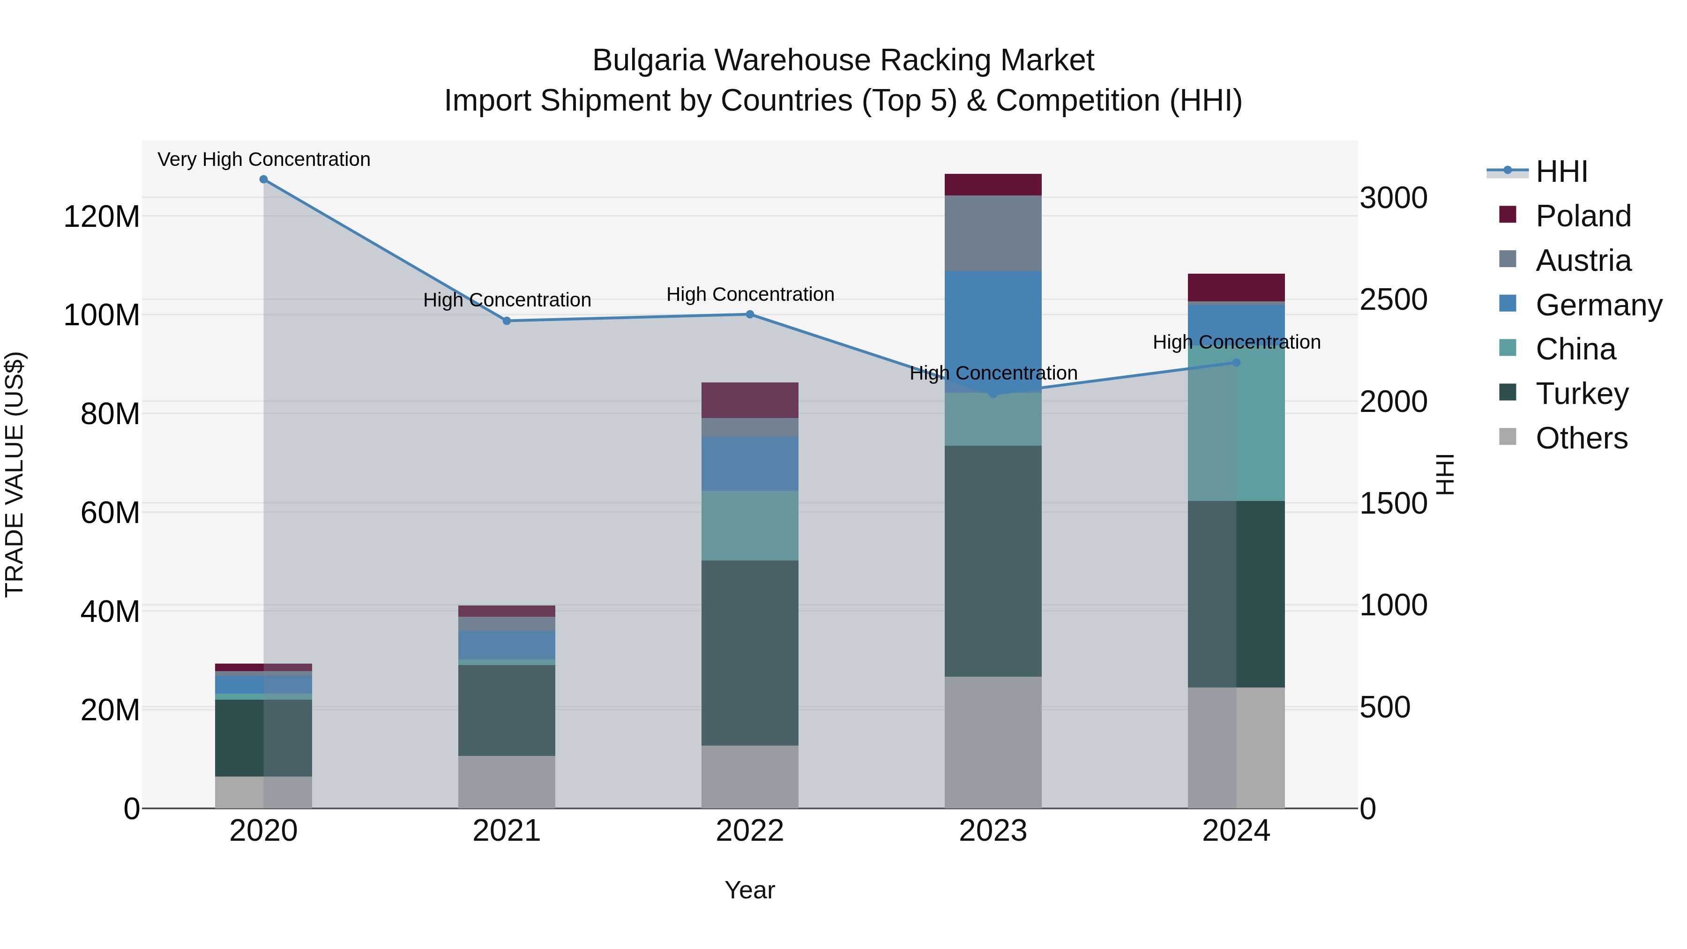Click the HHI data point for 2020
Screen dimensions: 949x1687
(263, 179)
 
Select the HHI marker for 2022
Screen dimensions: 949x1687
(750, 314)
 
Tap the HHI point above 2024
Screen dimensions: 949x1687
(1236, 362)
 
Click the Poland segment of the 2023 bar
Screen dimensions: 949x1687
(993, 185)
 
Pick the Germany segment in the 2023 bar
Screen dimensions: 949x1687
(993, 328)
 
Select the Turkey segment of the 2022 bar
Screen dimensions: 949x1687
(750, 652)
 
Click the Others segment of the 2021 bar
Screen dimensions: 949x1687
(506, 782)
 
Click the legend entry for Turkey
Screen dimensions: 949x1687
(1582, 394)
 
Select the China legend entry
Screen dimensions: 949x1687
(1575, 349)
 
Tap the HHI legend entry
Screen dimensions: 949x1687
(1561, 172)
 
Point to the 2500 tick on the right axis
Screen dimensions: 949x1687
(1393, 300)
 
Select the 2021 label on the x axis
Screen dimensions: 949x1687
(506, 831)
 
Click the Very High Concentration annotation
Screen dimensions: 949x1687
(264, 160)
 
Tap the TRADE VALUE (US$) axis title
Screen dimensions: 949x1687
(15, 474)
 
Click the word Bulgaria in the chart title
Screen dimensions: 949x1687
(649, 61)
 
